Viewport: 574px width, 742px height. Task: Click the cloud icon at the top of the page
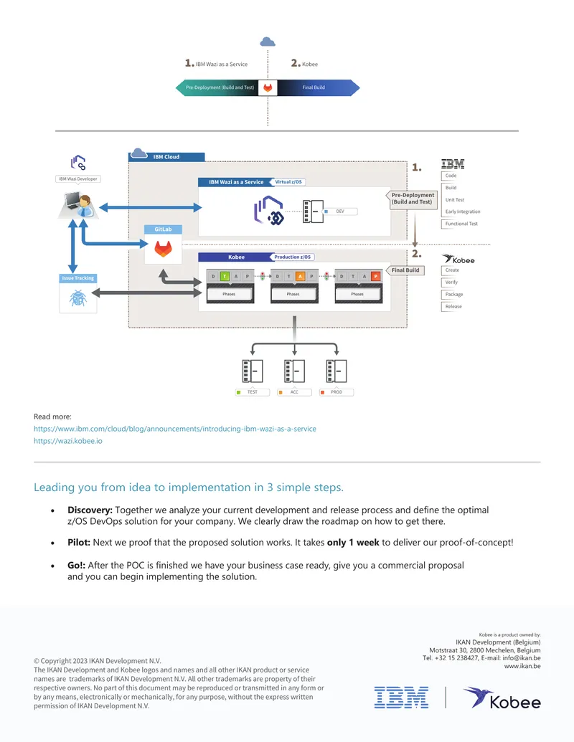(268, 42)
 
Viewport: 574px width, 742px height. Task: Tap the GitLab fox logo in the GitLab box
(163, 249)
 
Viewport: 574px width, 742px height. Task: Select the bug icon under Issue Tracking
(78, 298)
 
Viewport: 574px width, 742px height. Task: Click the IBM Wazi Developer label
(78, 179)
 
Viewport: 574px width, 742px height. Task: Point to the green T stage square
(225, 276)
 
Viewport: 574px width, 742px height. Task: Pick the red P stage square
(375, 276)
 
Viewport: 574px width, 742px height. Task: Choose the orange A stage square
(300, 276)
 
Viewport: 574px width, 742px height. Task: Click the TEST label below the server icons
(253, 392)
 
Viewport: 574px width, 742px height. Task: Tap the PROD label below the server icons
(337, 392)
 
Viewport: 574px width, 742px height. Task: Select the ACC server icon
(295, 371)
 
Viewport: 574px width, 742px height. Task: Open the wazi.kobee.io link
(67, 441)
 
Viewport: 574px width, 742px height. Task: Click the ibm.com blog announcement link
(175, 429)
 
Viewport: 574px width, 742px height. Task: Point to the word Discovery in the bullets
(90, 510)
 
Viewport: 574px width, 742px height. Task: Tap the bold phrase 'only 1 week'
(353, 542)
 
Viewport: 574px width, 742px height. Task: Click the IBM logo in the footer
(401, 698)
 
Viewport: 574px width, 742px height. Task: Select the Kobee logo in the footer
(502, 698)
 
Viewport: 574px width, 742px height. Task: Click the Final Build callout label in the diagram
(405, 270)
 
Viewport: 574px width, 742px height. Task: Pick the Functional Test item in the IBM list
(461, 224)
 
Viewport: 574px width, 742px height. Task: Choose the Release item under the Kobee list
(453, 307)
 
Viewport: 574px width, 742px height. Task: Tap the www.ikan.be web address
(522, 666)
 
